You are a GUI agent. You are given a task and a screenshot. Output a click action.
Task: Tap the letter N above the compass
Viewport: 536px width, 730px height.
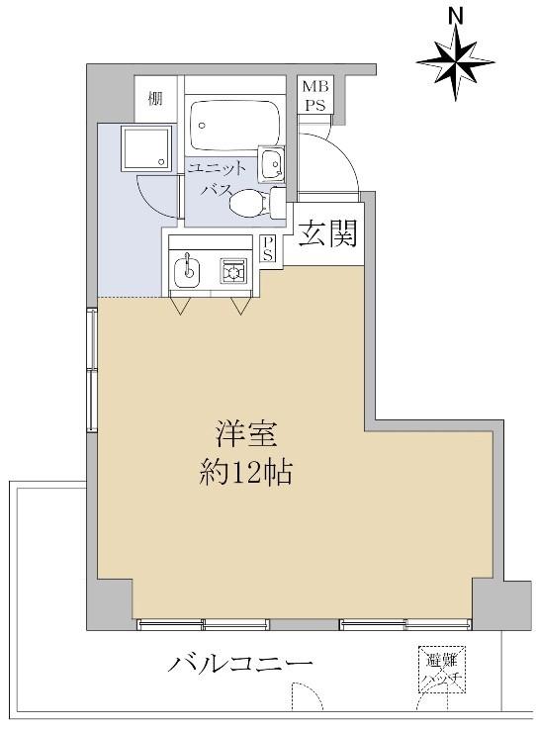[456, 14]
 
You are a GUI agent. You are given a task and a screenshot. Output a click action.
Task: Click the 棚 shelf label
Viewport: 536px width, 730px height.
[155, 97]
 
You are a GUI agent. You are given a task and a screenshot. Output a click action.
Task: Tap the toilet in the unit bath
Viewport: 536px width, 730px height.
[248, 203]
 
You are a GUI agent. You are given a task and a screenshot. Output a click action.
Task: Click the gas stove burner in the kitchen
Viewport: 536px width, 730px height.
[234, 268]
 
